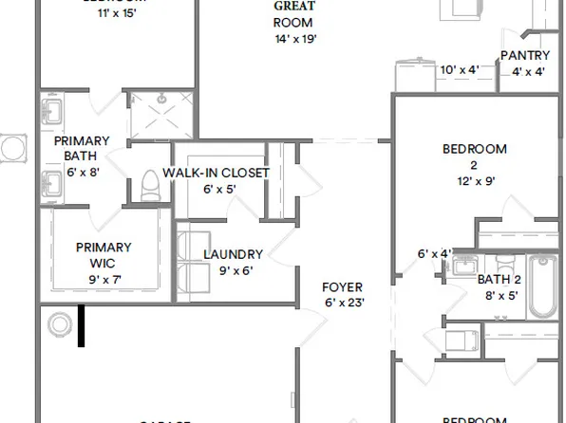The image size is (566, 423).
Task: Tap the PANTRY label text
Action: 525,55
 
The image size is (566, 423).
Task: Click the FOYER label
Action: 342,286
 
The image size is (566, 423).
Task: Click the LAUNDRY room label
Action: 233,254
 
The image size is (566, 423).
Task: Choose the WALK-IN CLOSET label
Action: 216,174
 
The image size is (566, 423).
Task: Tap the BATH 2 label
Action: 499,280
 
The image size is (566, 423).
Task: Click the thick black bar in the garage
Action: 82,324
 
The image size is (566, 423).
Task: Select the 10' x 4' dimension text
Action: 461,70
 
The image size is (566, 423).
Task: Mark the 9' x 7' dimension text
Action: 104,279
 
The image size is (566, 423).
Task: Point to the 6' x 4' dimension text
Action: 434,254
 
